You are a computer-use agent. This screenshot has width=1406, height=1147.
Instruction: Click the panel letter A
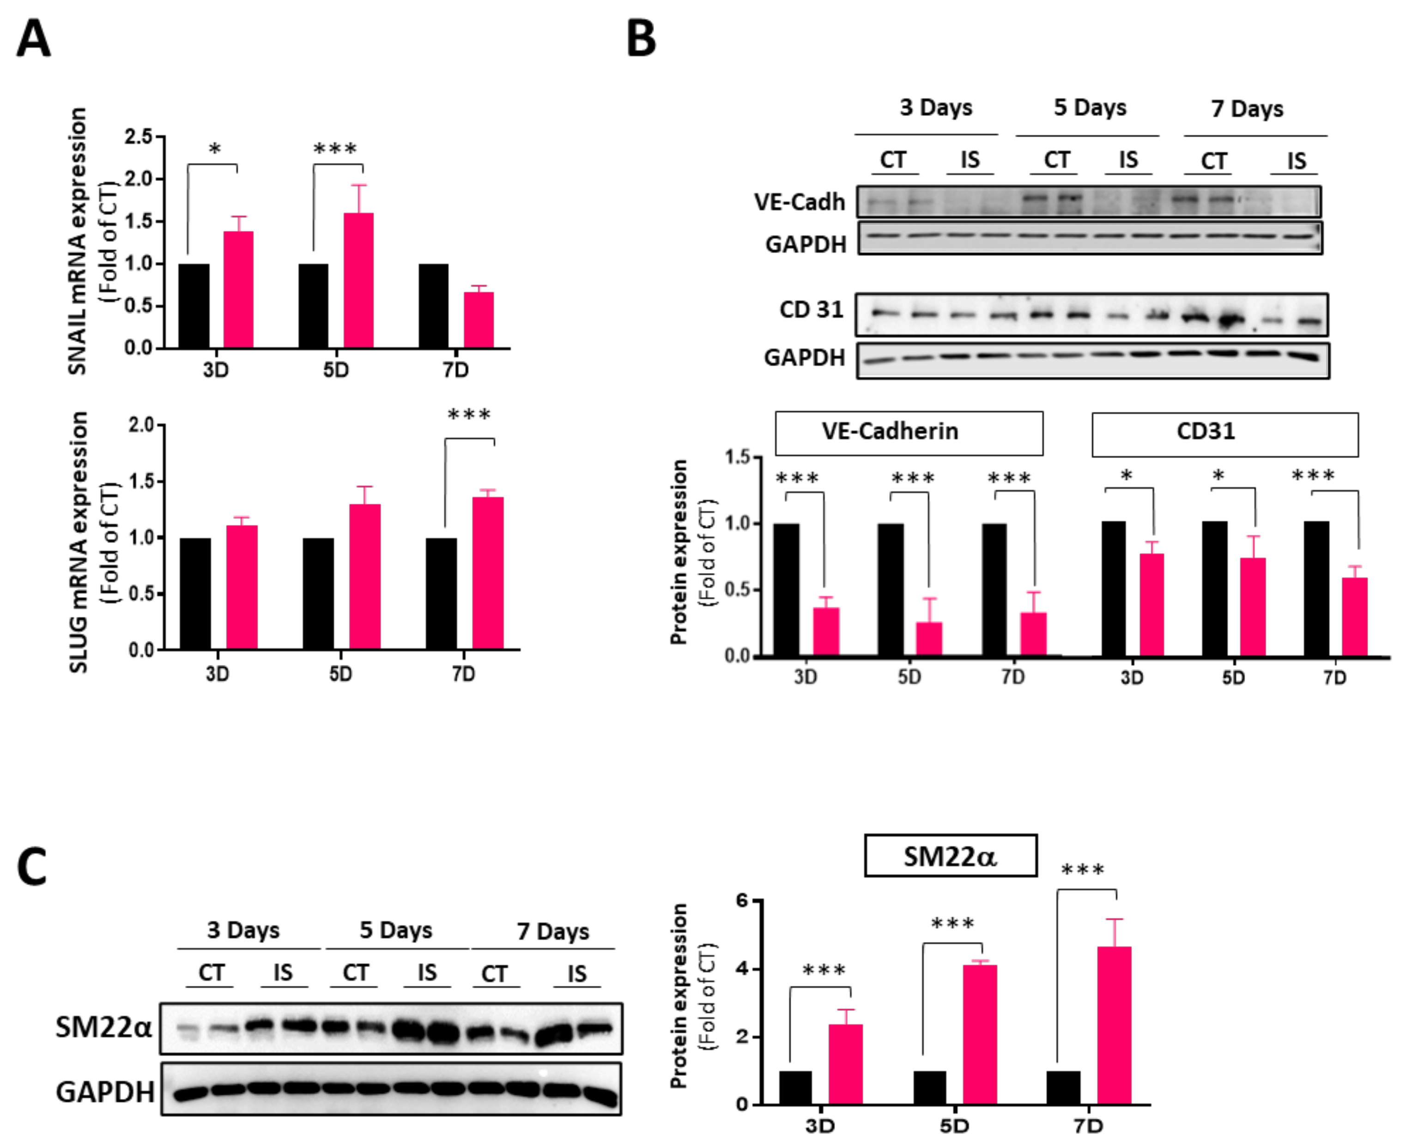click(x=33, y=39)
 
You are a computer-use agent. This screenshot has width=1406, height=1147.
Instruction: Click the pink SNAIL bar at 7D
click(x=479, y=320)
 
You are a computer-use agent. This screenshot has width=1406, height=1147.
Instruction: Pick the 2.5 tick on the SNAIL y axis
click(x=138, y=137)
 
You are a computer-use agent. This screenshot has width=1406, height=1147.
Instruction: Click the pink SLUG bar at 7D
click(x=488, y=573)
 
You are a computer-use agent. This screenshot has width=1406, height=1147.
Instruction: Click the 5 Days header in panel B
click(x=1089, y=107)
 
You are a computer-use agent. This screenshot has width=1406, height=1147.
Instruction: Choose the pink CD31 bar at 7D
click(x=1354, y=616)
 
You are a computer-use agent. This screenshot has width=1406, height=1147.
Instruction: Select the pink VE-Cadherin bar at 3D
click(x=825, y=631)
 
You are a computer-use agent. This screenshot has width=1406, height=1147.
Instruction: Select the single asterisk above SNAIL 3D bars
click(x=214, y=149)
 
